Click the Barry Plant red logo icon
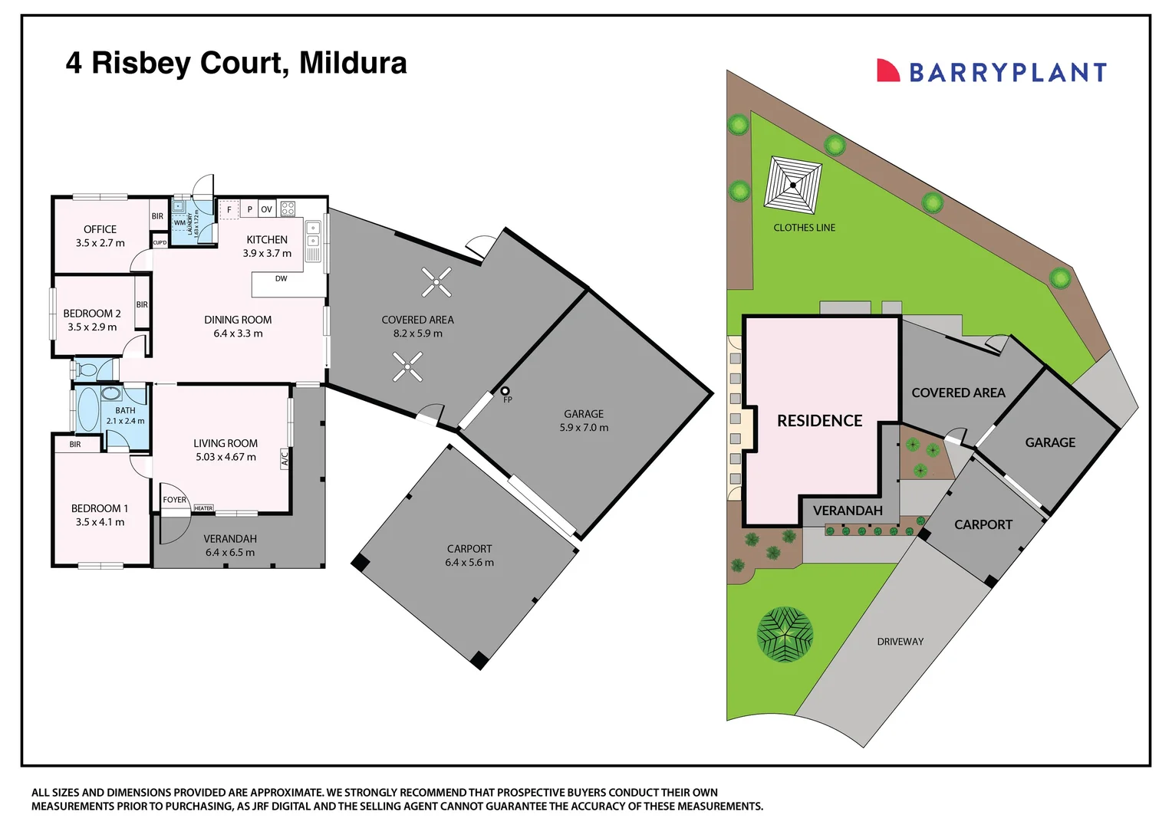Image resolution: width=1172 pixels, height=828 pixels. click(888, 70)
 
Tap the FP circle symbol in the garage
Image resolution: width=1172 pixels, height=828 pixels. click(505, 391)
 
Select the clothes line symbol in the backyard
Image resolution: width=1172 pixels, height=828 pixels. click(792, 186)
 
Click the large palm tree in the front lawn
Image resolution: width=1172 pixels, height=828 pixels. click(785, 635)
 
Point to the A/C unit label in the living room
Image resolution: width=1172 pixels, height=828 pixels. click(285, 458)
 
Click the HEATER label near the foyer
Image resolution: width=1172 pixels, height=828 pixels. click(203, 508)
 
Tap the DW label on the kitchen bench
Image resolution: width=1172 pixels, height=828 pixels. click(281, 279)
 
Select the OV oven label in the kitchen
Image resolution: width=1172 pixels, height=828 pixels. click(266, 209)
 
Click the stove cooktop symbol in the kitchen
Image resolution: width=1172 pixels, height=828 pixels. click(288, 209)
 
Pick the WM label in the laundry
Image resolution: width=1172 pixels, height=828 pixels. click(179, 223)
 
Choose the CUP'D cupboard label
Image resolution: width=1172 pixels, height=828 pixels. click(160, 243)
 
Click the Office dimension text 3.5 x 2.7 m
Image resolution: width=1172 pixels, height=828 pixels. click(100, 243)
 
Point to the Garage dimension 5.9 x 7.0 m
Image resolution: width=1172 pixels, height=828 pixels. click(584, 427)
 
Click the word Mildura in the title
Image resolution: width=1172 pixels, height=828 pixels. click(353, 63)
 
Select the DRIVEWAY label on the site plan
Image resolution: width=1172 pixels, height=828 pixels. click(900, 641)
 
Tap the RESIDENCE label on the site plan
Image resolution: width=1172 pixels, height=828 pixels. click(819, 421)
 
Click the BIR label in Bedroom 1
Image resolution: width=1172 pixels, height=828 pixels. click(75, 444)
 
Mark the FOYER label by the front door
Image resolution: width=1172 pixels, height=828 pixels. click(174, 500)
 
